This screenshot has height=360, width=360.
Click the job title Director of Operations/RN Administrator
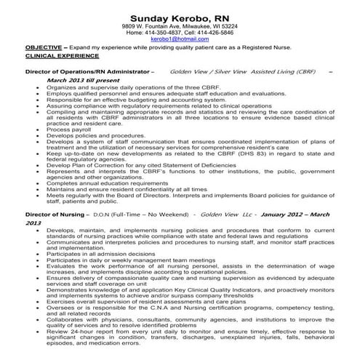pos(87,73)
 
